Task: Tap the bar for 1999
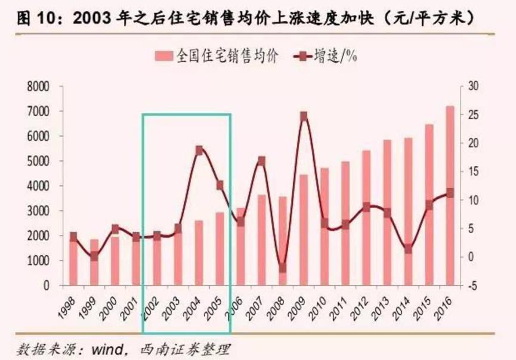tap(94, 262)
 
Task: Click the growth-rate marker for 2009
tap(304, 116)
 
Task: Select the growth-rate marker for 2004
tap(199, 150)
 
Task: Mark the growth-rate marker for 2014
tap(408, 249)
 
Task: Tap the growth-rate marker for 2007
tap(262, 160)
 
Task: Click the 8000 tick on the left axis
tap(37, 86)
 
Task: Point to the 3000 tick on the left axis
tap(37, 211)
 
